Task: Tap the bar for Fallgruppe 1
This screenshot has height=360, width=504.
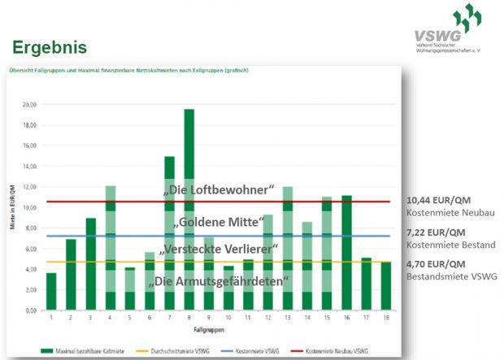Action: [x=51, y=292]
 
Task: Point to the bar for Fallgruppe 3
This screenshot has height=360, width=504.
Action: [x=91, y=264]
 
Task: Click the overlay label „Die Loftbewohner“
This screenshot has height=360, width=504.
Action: [x=218, y=190]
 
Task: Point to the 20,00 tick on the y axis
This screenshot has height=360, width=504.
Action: [x=29, y=105]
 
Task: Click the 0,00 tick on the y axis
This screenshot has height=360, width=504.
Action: [x=31, y=310]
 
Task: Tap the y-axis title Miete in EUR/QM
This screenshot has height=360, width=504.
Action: [x=13, y=207]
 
